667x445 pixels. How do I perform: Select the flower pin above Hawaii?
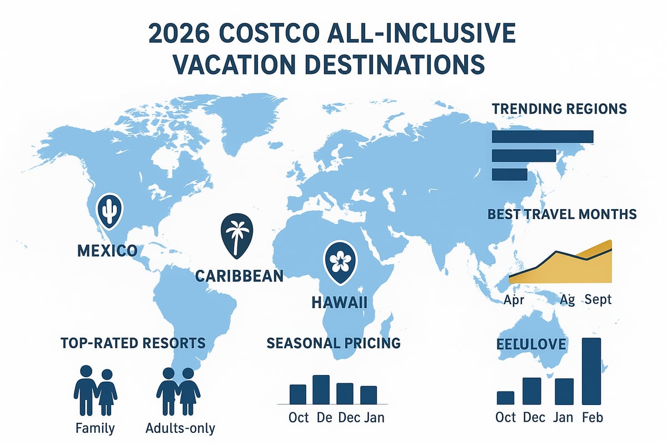(x=339, y=261)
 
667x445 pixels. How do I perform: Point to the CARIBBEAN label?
(x=240, y=275)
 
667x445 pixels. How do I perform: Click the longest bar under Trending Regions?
(x=542, y=136)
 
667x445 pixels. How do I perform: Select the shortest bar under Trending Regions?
(x=509, y=175)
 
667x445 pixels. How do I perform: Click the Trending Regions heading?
(x=559, y=108)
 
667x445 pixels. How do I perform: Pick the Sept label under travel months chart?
(x=598, y=300)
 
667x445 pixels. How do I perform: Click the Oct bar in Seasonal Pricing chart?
(x=298, y=394)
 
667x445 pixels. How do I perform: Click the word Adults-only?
(x=180, y=429)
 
